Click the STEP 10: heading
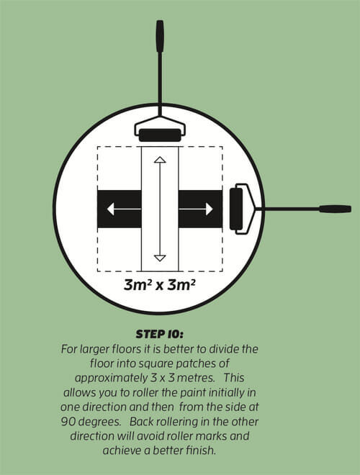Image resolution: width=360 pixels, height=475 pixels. pos(159,335)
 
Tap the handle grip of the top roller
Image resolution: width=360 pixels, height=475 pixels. pos(160,36)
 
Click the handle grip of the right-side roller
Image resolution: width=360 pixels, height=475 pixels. pos(335,209)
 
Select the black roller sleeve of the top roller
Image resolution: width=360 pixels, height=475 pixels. pos(160,135)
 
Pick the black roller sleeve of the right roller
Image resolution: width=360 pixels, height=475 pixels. pos(236,209)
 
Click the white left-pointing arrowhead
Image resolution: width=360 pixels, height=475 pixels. pos(110,209)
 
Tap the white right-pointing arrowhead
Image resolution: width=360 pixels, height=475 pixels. pos(210,209)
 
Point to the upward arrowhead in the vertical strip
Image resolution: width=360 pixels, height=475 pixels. pos(160,160)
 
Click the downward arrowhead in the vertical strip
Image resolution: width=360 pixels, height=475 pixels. pos(160,258)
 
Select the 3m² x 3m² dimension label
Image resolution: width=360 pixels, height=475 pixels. pos(159,285)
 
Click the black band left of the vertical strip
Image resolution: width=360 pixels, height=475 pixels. pos(120,209)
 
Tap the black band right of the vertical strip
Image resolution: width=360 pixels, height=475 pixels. pos(200,209)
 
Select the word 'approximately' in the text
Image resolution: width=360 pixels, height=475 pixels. pos(111,379)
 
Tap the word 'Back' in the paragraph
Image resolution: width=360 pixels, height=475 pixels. pos(142,422)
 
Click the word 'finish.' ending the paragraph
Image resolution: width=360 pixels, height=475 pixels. pos(200,451)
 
